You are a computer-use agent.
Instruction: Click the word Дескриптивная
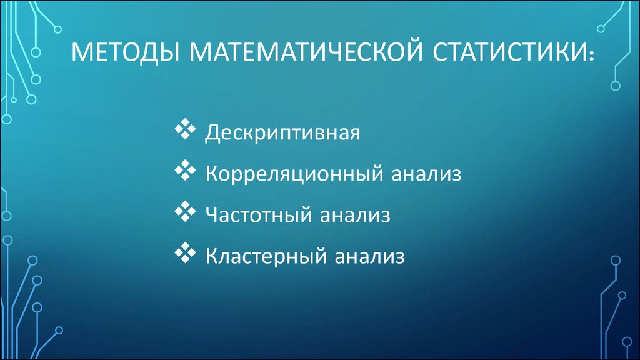[282, 133]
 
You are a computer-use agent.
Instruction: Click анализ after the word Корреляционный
[426, 174]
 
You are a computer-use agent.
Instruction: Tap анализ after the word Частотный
[355, 216]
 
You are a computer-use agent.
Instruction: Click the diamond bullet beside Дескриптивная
[185, 129]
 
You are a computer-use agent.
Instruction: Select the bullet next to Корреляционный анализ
[185, 170]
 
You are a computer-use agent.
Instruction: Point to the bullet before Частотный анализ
[185, 211]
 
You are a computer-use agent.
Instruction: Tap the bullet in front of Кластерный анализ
[185, 252]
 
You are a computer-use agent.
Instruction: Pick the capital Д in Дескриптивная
[213, 132]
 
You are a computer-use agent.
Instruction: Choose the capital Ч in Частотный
[212, 214]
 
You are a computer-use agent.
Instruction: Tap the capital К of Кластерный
[212, 256]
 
